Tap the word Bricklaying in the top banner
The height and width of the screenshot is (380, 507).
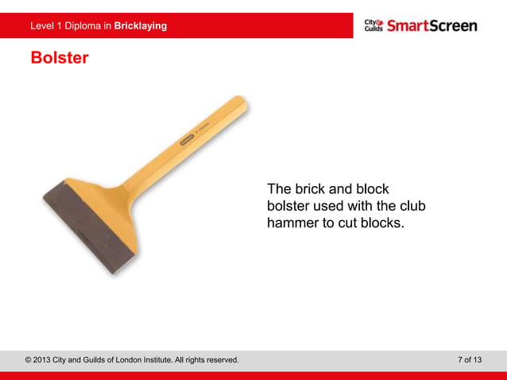coord(141,25)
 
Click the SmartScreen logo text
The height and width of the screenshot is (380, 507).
coord(432,25)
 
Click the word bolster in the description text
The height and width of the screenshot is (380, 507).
coord(288,207)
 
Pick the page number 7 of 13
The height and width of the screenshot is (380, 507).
coord(470,360)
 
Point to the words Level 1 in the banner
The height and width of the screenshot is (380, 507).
coord(46,25)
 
